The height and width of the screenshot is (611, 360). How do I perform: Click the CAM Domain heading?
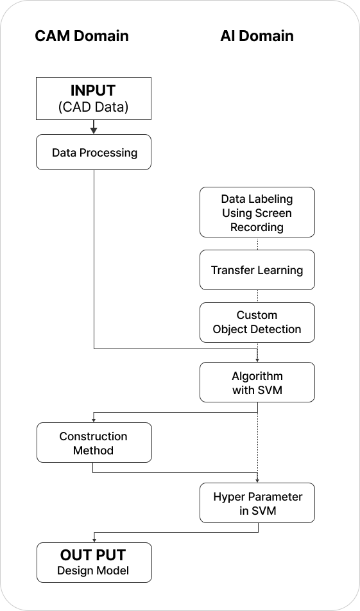pyautogui.click(x=82, y=36)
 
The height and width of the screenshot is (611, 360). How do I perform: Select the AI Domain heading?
pyautogui.click(x=257, y=36)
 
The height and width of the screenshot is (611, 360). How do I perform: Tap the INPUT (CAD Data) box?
pyautogui.click(x=94, y=98)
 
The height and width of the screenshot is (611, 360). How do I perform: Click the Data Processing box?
pyautogui.click(x=94, y=152)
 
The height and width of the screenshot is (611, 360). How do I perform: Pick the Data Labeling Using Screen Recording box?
pyautogui.click(x=257, y=212)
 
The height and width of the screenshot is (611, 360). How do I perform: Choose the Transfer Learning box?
pyautogui.click(x=257, y=270)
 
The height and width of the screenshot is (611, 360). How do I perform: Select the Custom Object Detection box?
pyautogui.click(x=257, y=322)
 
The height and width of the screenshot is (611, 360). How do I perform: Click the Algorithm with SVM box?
pyautogui.click(x=257, y=383)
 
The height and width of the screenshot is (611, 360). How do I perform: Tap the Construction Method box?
pyautogui.click(x=94, y=443)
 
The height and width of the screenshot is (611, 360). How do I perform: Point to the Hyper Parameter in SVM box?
pyautogui.click(x=257, y=503)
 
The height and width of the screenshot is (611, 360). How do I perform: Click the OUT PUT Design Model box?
pyautogui.click(x=94, y=562)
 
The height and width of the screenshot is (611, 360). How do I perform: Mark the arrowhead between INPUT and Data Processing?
pyautogui.click(x=94, y=130)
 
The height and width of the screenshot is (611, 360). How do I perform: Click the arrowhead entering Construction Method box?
pyautogui.click(x=94, y=420)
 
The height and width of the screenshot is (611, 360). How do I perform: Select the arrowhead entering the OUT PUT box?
pyautogui.click(x=94, y=540)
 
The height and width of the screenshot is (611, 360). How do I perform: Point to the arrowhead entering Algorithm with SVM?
pyautogui.click(x=257, y=359)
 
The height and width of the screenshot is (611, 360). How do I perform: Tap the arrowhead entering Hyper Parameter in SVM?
pyautogui.click(x=257, y=480)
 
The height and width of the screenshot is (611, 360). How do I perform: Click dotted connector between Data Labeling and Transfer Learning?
pyautogui.click(x=257, y=243)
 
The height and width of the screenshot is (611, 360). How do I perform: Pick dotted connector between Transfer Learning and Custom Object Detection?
pyautogui.click(x=257, y=296)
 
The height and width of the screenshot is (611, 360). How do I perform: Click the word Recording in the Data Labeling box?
pyautogui.click(x=257, y=227)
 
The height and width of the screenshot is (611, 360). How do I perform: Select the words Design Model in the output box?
pyautogui.click(x=93, y=571)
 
